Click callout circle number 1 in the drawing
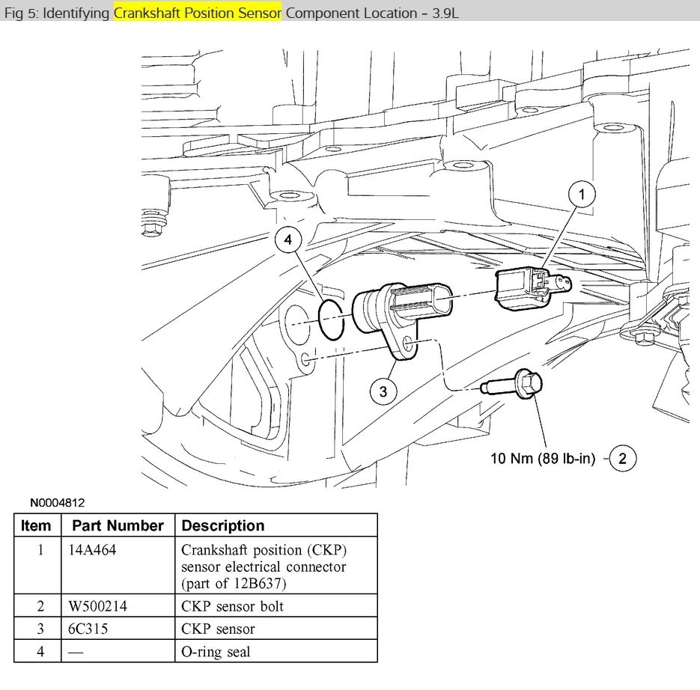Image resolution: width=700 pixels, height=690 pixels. tap(582, 195)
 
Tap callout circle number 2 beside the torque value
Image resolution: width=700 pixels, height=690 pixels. tap(623, 458)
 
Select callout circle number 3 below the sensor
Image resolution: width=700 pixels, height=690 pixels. tap(383, 391)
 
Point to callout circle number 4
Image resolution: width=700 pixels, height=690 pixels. tap(288, 241)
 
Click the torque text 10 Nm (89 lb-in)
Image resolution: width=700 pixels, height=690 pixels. tap(543, 458)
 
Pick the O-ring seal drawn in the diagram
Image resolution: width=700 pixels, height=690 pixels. tap(330, 320)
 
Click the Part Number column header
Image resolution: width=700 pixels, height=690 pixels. tap(118, 525)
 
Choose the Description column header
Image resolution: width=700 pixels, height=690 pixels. tap(223, 525)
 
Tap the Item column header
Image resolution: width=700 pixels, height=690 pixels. tap(36, 525)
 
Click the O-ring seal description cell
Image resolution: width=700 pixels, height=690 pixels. tap(216, 652)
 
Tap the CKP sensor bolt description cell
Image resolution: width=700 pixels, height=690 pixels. tap(232, 605)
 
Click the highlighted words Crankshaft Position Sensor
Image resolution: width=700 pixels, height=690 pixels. tap(198, 13)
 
